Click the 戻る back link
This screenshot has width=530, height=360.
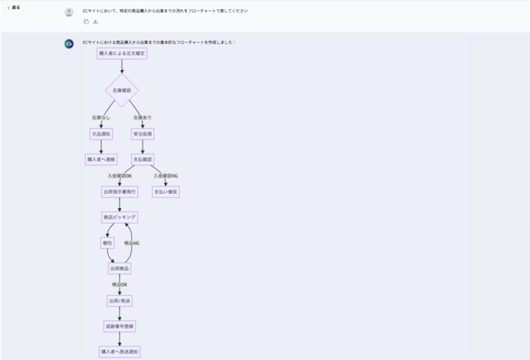coord(14,8)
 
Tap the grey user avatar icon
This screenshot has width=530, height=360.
coord(69,12)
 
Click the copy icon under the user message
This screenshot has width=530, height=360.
coord(86,22)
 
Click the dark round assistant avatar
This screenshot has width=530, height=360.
coord(69,44)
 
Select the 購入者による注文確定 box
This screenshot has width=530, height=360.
coord(122,54)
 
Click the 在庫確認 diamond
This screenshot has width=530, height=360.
coord(122,91)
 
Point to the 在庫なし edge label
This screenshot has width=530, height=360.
coord(101,117)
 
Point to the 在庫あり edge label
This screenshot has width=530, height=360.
coord(142,117)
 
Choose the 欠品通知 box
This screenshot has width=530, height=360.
coord(101,134)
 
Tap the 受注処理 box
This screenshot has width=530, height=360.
coord(142,134)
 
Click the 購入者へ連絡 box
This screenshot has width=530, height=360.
coord(101,160)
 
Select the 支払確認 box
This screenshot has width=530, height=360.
coord(142,160)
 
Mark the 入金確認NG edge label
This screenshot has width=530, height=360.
coord(165,175)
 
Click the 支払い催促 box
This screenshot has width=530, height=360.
coord(166,192)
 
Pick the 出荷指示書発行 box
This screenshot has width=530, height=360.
coord(119,192)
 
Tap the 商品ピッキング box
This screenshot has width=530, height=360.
coord(119,217)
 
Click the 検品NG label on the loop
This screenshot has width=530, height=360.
coord(131,243)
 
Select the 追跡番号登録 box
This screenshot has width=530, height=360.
coord(119,326)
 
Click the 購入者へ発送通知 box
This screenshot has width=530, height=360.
coord(119,352)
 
